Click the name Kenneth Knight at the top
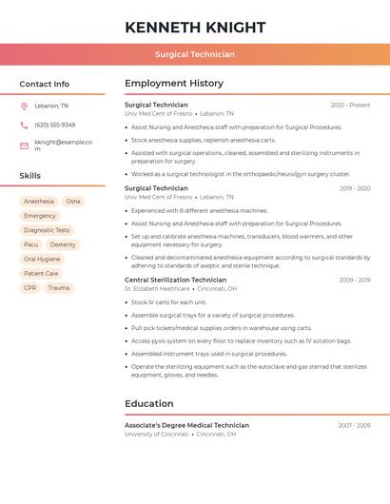(195, 28)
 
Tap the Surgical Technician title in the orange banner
(195, 54)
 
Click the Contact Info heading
(44, 84)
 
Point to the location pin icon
(24, 107)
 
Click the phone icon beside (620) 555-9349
(24, 126)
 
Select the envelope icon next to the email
(24, 145)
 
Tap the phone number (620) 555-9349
(55, 126)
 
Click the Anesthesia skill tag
(39, 202)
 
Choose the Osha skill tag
(73, 202)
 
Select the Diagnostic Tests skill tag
(47, 230)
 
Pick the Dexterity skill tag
(63, 244)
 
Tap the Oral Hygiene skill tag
(42, 259)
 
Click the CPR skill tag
(29, 288)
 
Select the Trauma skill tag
(59, 288)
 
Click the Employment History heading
(174, 84)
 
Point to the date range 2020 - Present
(350, 106)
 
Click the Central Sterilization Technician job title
(175, 281)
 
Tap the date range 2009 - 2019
(355, 281)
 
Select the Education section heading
(148, 404)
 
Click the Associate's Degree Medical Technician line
(186, 425)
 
